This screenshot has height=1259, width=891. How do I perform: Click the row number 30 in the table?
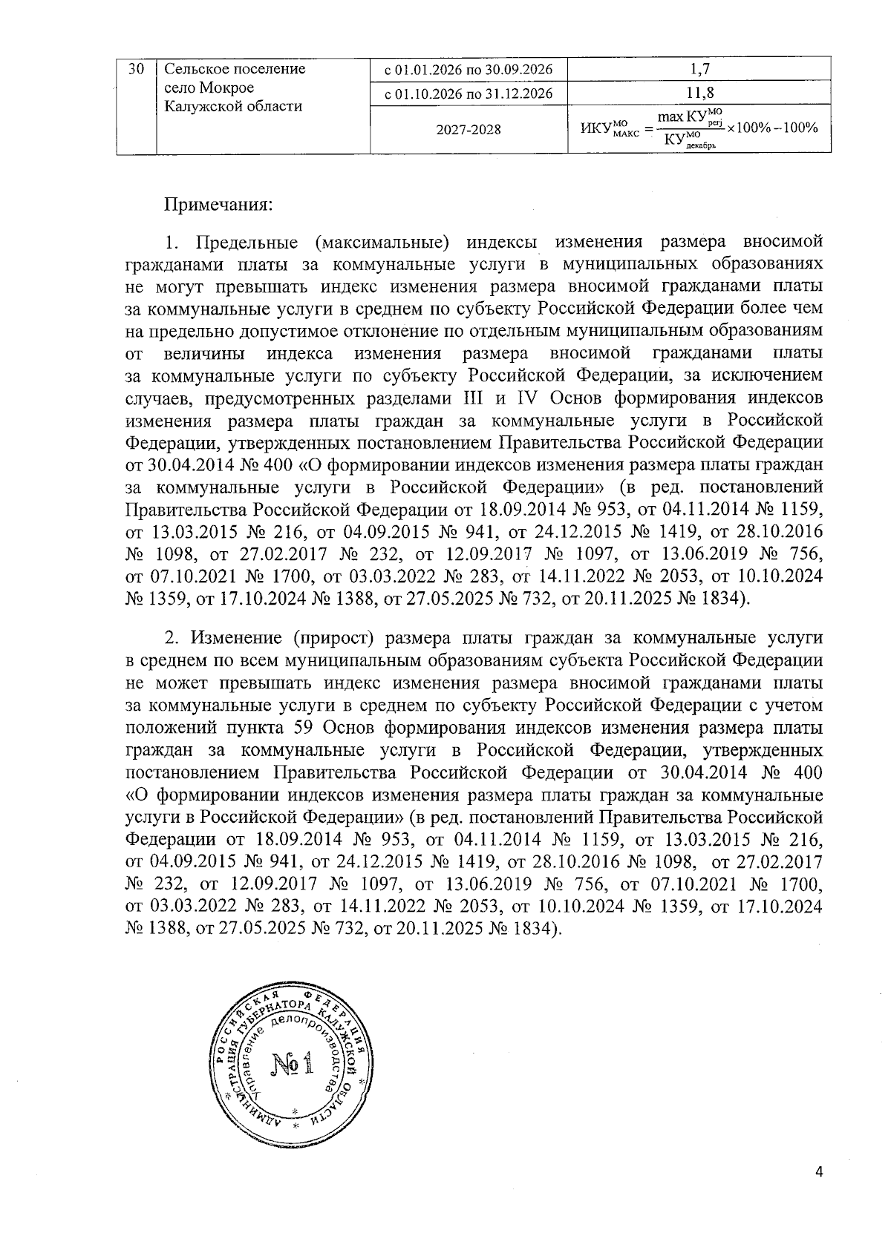pyautogui.click(x=136, y=70)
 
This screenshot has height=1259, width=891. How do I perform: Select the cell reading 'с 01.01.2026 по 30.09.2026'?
pyautogui.click(x=469, y=70)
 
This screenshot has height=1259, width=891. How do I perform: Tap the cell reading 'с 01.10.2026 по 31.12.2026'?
pyautogui.click(x=469, y=93)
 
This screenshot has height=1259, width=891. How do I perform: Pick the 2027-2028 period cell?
pyautogui.click(x=469, y=130)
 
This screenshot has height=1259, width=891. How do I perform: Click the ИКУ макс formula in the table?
pyautogui.click(x=698, y=129)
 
